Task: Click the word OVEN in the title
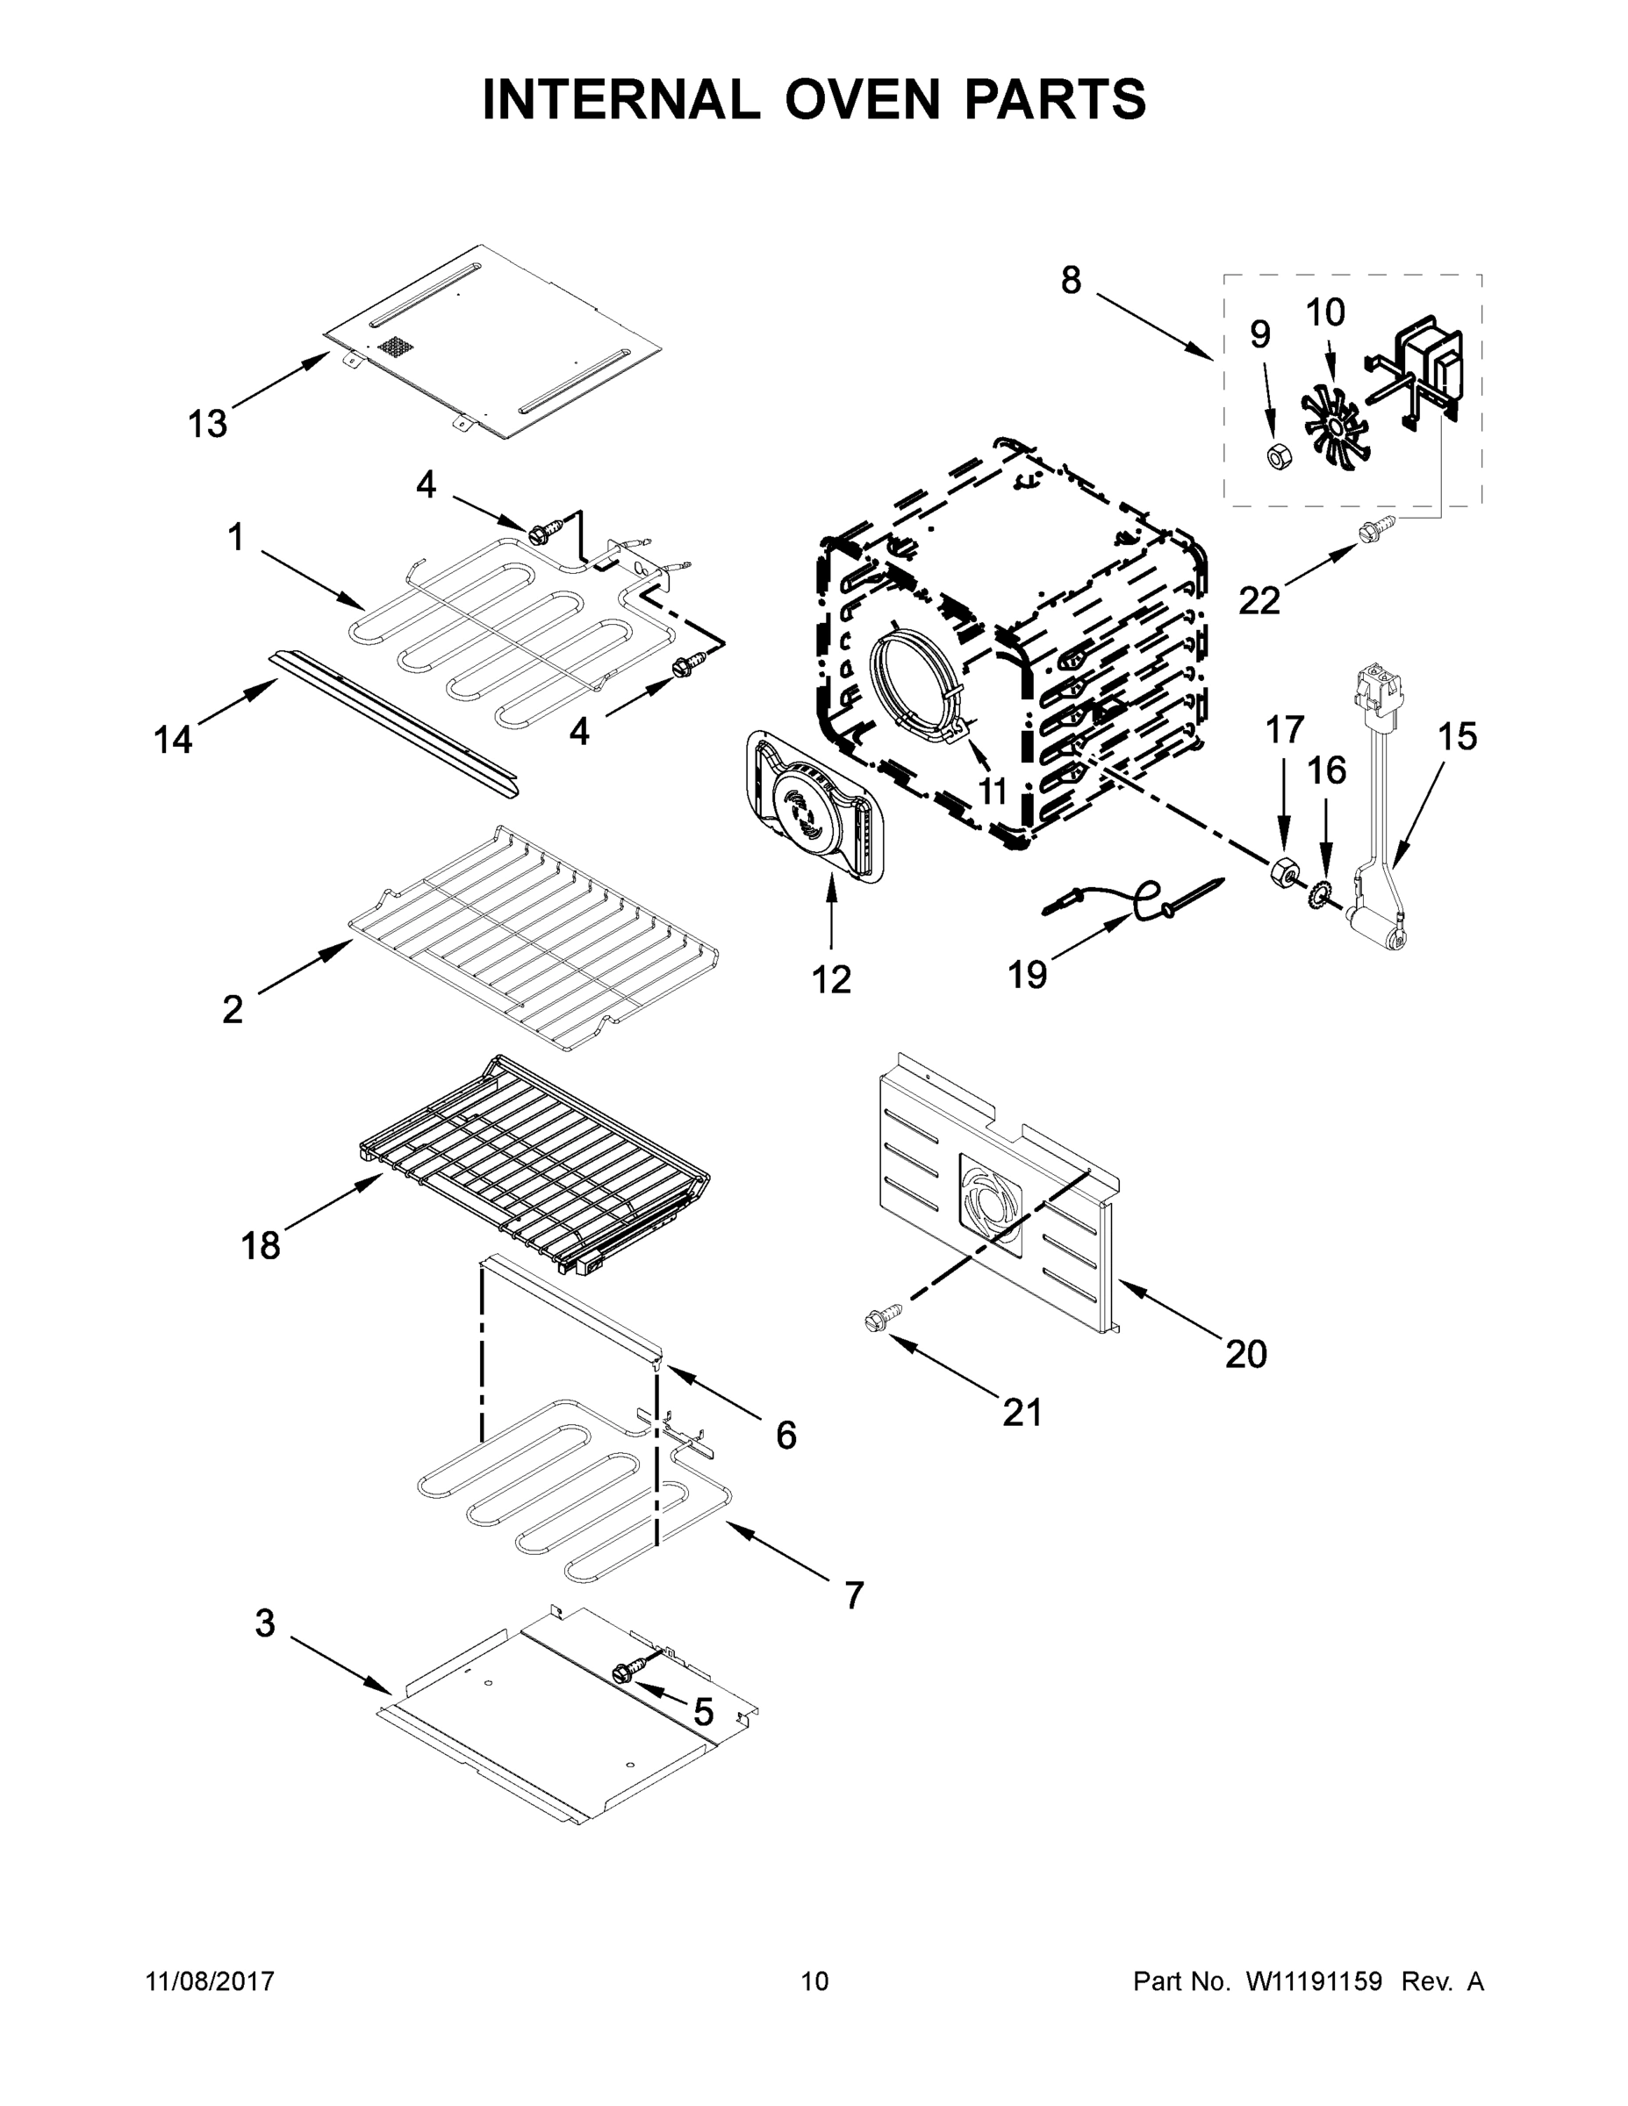coord(860,99)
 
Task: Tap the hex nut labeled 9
coord(1275,456)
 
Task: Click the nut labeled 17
coord(1281,873)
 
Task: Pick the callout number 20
coord(1245,1354)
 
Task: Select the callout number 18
coord(261,1245)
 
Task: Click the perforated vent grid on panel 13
coord(394,347)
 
